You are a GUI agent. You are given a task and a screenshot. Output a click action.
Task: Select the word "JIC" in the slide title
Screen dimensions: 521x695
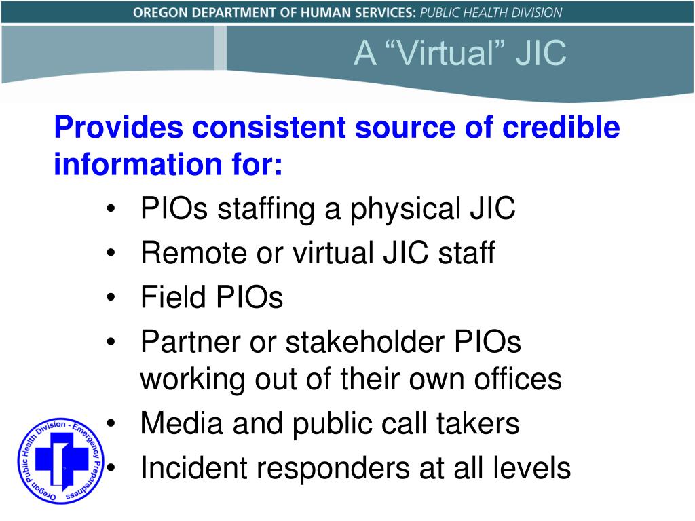click(541, 54)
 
